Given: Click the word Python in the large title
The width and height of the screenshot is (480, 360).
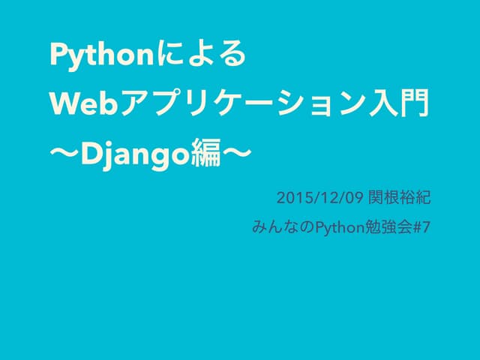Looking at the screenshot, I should [96, 55].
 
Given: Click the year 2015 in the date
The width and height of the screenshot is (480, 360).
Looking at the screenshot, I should [290, 199].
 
